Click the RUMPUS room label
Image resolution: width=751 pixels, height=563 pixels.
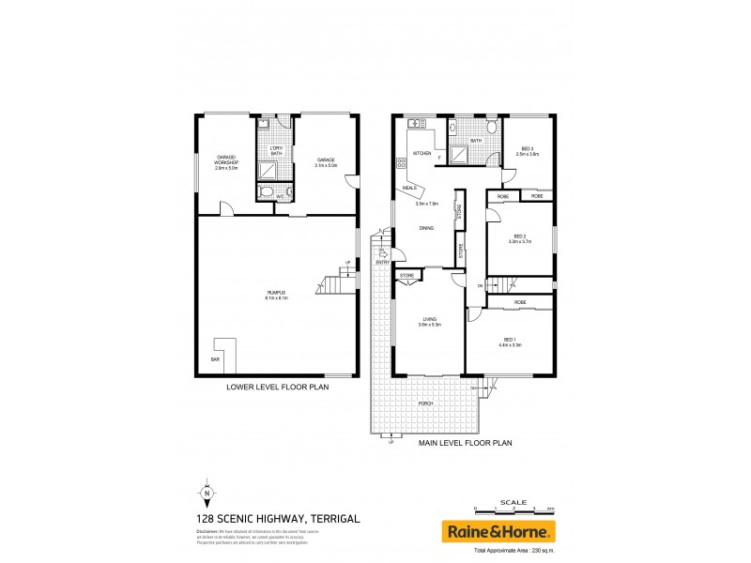coord(276,294)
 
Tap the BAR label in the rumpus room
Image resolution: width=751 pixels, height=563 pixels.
coord(215,359)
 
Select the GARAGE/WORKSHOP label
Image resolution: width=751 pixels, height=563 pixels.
coord(226,160)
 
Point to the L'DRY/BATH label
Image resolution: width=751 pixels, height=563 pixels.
coord(276,150)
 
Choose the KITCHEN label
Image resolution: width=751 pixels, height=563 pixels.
coord(421,153)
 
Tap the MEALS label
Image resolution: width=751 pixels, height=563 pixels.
coord(409,188)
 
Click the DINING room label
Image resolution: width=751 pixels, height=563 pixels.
coord(426,228)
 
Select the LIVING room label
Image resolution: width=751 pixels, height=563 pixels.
coord(429,320)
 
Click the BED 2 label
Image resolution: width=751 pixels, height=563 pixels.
coord(520,236)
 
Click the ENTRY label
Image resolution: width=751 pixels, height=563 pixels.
coord(382,263)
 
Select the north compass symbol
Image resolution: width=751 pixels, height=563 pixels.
coord(206,493)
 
